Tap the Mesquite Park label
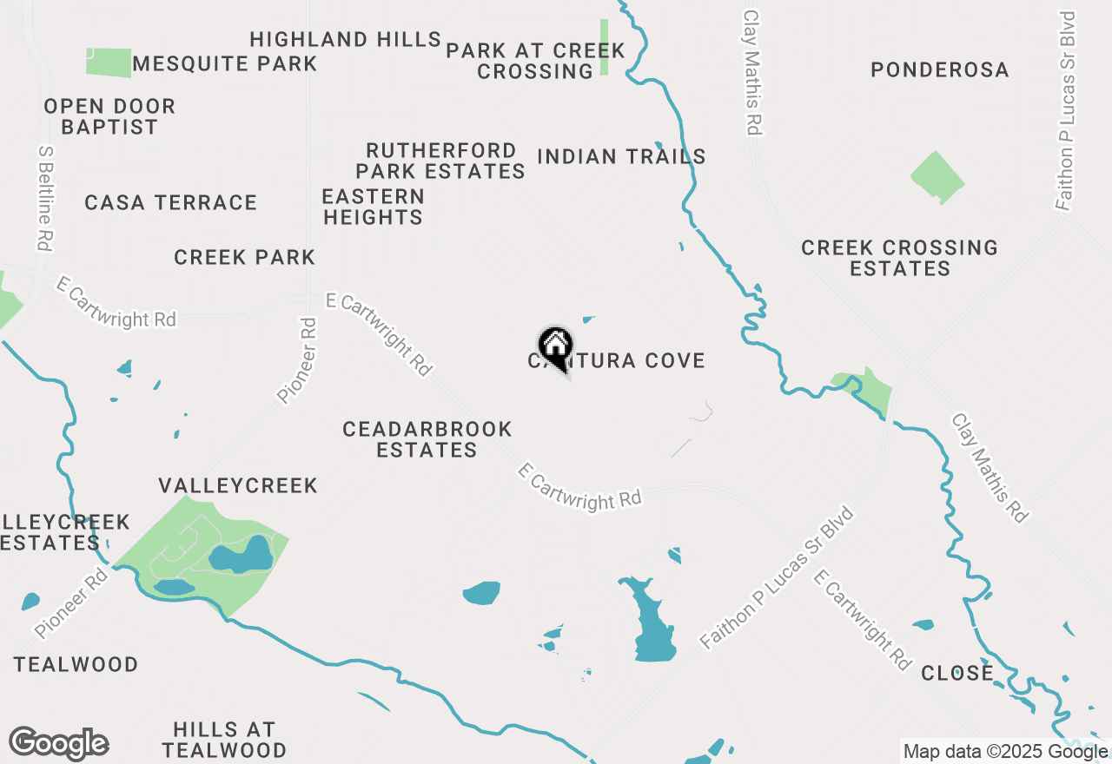click(x=225, y=63)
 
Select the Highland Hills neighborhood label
click(x=345, y=39)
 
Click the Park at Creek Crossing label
click(x=535, y=61)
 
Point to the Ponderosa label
click(x=940, y=69)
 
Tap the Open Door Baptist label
click(x=109, y=116)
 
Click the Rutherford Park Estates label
click(x=440, y=161)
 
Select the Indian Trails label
click(x=621, y=156)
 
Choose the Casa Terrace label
click(x=171, y=202)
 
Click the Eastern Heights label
click(x=374, y=207)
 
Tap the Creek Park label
click(x=244, y=257)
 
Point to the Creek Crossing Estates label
click(x=900, y=258)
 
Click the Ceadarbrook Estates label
click(x=427, y=439)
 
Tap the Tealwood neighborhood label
click(x=76, y=664)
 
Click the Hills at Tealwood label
click(x=224, y=739)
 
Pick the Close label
click(x=956, y=673)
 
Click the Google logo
click(x=59, y=744)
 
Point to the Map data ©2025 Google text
click(x=1005, y=752)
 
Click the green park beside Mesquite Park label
click(x=108, y=62)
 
